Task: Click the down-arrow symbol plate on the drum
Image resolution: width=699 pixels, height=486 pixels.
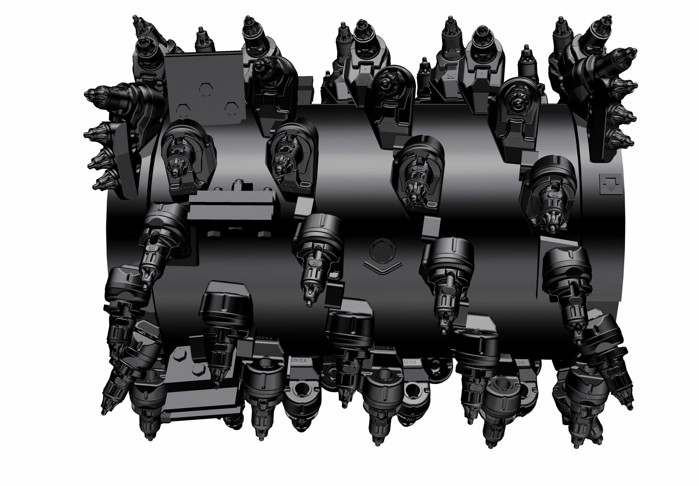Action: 610,184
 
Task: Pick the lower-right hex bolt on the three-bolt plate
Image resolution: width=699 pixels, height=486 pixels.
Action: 231,107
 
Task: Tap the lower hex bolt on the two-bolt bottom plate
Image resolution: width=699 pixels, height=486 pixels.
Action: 198,369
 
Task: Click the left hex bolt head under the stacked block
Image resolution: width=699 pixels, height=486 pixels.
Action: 213,234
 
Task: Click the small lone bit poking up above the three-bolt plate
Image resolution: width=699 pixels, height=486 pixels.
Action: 201,31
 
